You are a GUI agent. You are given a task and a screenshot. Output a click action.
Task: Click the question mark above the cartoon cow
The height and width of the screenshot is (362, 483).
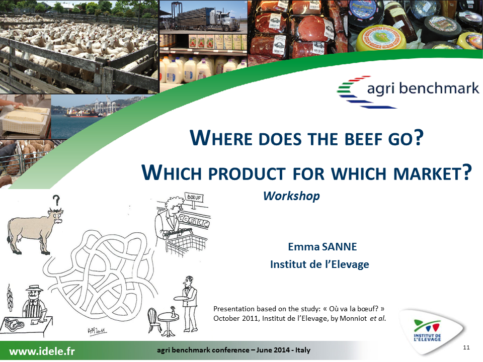click(x=56, y=200)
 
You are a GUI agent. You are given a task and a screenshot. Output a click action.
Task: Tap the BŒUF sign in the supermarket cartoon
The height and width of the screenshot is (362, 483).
click(x=194, y=197)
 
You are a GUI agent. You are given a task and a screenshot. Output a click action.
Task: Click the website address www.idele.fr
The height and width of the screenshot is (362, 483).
click(x=42, y=351)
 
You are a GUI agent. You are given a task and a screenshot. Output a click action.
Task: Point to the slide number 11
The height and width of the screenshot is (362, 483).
click(x=466, y=347)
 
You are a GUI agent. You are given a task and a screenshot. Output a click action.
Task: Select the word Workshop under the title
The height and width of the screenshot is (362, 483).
click(x=291, y=196)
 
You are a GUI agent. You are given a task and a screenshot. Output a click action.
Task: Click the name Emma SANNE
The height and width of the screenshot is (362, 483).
click(x=322, y=246)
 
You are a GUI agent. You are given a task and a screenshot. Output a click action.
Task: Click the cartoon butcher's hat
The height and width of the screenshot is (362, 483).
click(x=34, y=288)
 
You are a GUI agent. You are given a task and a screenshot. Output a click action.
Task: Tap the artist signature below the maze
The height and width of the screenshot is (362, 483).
click(x=97, y=331)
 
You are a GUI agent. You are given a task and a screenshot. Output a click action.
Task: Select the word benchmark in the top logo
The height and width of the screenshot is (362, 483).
click(x=439, y=88)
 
